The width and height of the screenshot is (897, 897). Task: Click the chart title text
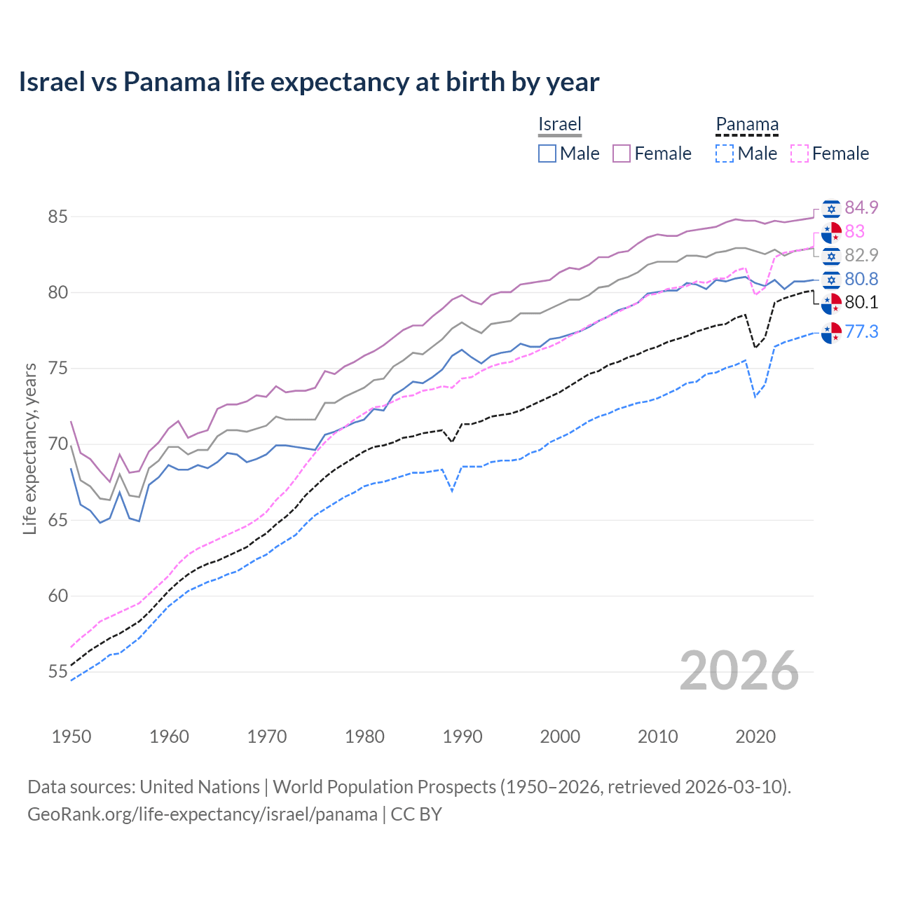click(x=308, y=82)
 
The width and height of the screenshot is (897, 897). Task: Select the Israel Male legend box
click(x=547, y=153)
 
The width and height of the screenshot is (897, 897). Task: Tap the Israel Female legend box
click(x=622, y=153)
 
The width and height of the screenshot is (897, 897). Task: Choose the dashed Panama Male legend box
click(x=725, y=153)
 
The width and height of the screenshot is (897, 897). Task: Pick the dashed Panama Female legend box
click(x=800, y=153)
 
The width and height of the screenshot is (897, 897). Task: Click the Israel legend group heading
click(x=560, y=124)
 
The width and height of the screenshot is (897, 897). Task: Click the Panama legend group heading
click(x=747, y=124)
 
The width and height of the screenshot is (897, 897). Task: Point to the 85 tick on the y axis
click(x=57, y=217)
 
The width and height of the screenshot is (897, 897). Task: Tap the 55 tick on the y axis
click(x=57, y=672)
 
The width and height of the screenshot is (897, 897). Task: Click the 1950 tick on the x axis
click(x=71, y=737)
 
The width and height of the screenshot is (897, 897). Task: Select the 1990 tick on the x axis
click(x=463, y=737)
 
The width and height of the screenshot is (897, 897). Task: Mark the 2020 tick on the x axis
click(x=755, y=737)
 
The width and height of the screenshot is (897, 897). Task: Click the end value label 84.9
click(x=861, y=207)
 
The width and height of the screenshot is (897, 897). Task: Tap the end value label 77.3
click(x=861, y=331)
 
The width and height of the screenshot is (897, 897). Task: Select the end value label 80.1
click(x=861, y=302)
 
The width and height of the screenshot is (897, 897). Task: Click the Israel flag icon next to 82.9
click(x=831, y=256)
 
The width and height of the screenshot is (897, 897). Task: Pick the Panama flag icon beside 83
click(x=831, y=232)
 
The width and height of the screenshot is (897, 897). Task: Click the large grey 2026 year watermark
click(x=739, y=671)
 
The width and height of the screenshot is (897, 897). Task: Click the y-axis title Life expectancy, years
click(x=30, y=448)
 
